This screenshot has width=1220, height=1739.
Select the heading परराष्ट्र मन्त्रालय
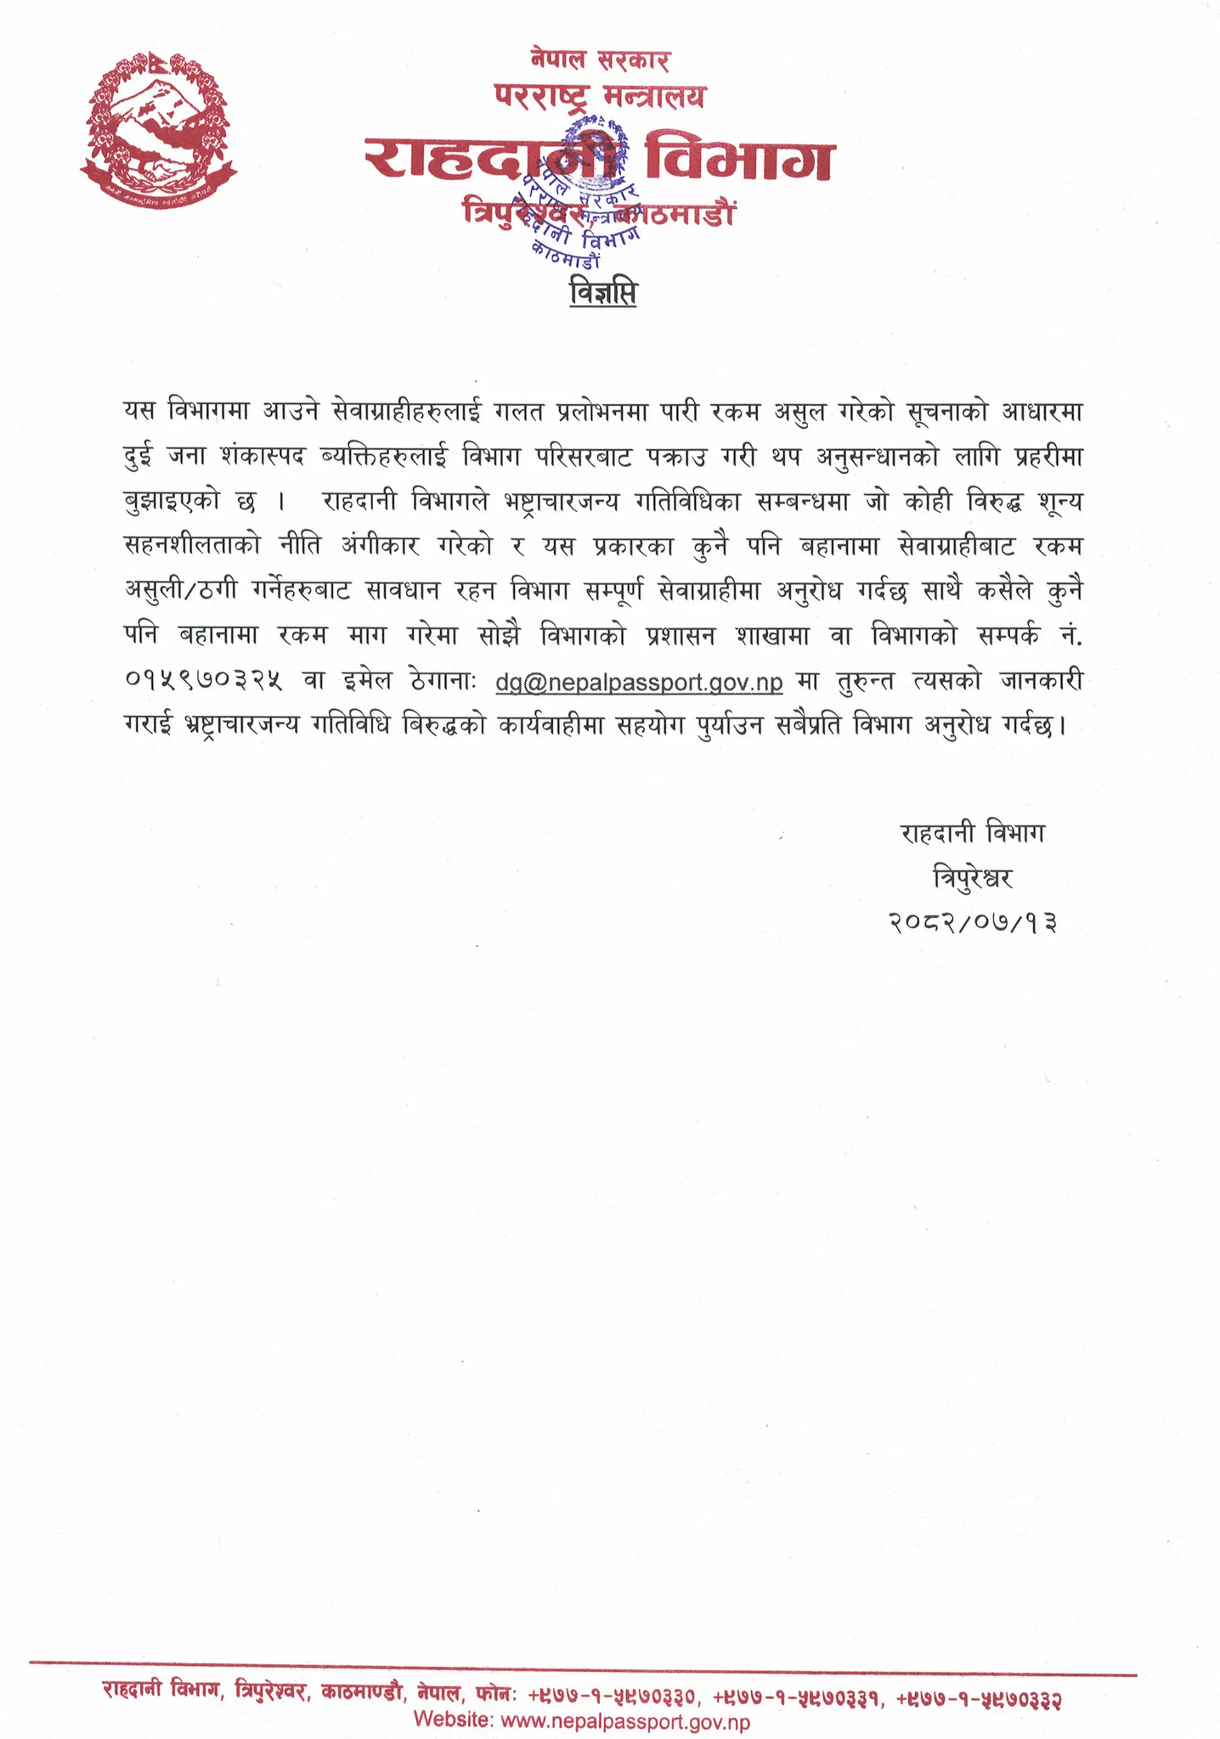[600, 97]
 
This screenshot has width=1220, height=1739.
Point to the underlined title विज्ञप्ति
[603, 295]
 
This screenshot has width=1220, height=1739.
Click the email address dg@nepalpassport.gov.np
[639, 682]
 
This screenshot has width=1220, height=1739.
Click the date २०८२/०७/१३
[974, 921]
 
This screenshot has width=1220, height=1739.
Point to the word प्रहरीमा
[1050, 456]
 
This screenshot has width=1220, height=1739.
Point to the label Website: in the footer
[453, 1721]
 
